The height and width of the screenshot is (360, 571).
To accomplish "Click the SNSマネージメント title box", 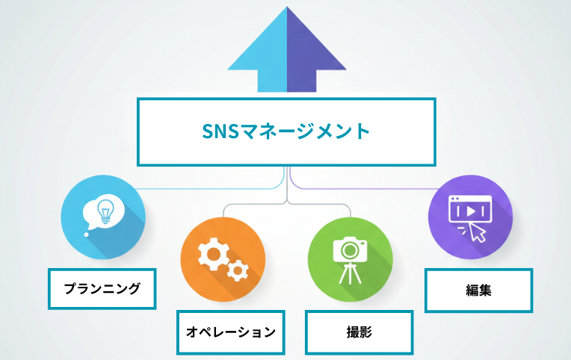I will pyautogui.click(x=286, y=131).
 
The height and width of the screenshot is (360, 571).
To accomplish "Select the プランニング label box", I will pyautogui.click(x=102, y=288).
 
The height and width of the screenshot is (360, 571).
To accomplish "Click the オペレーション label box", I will pyautogui.click(x=230, y=332).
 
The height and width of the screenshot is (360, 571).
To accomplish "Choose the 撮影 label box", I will pyautogui.click(x=359, y=332).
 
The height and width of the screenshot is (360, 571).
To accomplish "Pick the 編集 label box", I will pyautogui.click(x=478, y=291).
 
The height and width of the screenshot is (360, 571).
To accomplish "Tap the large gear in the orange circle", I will pyautogui.click(x=212, y=253).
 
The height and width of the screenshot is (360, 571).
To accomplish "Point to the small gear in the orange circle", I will pyautogui.click(x=238, y=270).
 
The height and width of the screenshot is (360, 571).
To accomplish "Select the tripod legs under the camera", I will pyautogui.click(x=348, y=274).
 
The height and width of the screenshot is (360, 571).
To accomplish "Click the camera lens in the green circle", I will pyautogui.click(x=349, y=251).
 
